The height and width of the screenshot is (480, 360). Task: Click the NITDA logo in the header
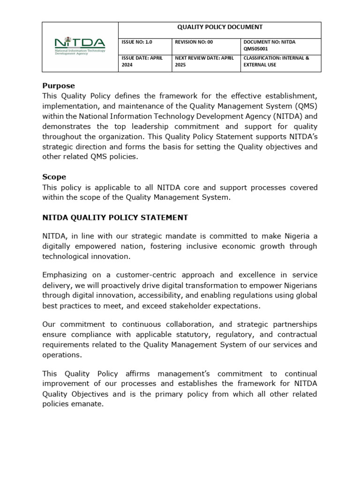tap(80, 46)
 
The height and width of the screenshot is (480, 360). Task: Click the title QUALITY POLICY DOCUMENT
tap(219, 27)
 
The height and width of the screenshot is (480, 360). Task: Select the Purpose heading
tap(59, 86)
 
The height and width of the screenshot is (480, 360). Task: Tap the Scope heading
tap(54, 177)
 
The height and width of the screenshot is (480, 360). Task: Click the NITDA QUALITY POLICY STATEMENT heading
tap(115, 217)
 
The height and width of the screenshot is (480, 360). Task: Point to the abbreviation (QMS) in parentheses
tap(302, 106)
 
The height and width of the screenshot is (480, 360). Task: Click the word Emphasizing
tap(65, 275)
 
